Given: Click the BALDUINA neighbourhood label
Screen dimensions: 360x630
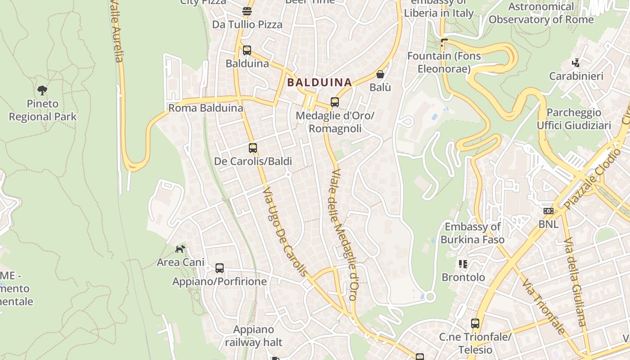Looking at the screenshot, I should click(x=319, y=82).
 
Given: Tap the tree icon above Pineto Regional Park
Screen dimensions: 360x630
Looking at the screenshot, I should click(x=42, y=90).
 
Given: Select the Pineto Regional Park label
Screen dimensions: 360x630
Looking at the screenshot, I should click(x=43, y=110).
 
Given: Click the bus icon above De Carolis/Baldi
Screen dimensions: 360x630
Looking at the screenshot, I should click(x=253, y=148).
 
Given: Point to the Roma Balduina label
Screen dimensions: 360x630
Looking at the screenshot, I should click(x=206, y=108).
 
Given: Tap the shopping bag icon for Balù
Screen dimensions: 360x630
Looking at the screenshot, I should click(x=380, y=74).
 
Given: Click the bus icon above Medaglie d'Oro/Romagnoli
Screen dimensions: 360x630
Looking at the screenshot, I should click(x=335, y=102).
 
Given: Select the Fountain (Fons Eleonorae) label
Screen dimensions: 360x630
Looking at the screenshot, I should click(x=444, y=63).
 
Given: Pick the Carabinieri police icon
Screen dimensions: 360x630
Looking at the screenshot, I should click(x=576, y=63).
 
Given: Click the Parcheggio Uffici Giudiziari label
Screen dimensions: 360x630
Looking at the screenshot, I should click(x=574, y=119).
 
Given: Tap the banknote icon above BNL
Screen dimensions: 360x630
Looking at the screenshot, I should click(x=548, y=211).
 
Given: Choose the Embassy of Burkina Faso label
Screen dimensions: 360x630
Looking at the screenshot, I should click(x=472, y=233).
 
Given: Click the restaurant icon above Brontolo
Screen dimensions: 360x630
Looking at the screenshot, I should click(x=463, y=264).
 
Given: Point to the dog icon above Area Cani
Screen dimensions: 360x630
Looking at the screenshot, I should click(x=180, y=248).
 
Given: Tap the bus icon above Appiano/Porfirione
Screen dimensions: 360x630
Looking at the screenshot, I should click(x=220, y=268).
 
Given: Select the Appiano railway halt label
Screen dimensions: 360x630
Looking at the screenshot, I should click(x=254, y=336).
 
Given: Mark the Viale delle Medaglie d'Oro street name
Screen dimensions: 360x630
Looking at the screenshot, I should click(x=344, y=234).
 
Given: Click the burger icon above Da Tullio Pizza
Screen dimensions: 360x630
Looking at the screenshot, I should click(x=247, y=11).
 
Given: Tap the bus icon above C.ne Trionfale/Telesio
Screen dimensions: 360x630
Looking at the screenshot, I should click(x=475, y=323).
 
